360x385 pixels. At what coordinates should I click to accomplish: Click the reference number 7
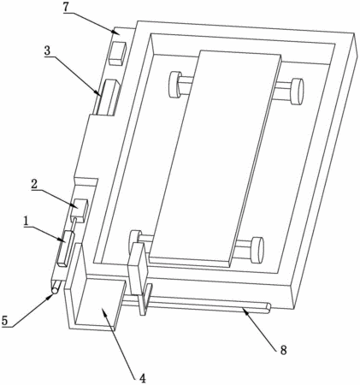(x=66, y=8)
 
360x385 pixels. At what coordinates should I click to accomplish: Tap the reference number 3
(x=47, y=50)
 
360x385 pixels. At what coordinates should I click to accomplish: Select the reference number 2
(x=34, y=185)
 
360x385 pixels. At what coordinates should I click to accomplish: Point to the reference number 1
(x=27, y=221)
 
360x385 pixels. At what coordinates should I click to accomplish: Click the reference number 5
(x=4, y=321)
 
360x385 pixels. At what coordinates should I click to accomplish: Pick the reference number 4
(x=143, y=378)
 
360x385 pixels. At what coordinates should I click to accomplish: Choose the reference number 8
(x=283, y=350)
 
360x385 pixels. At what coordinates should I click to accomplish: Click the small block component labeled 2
(x=80, y=210)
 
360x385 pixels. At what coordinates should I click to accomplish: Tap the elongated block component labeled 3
(x=108, y=98)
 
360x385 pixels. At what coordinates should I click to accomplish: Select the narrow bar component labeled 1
(x=66, y=249)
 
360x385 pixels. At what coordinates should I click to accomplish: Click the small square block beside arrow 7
(x=118, y=54)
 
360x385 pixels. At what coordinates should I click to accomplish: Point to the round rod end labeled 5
(x=55, y=290)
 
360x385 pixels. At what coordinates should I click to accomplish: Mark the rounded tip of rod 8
(x=268, y=308)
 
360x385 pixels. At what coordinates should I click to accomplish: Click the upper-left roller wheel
(x=175, y=85)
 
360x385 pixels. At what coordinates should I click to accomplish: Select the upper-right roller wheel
(x=297, y=92)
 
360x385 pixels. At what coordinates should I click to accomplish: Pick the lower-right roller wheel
(x=257, y=249)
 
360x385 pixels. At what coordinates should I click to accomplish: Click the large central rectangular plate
(x=215, y=158)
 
